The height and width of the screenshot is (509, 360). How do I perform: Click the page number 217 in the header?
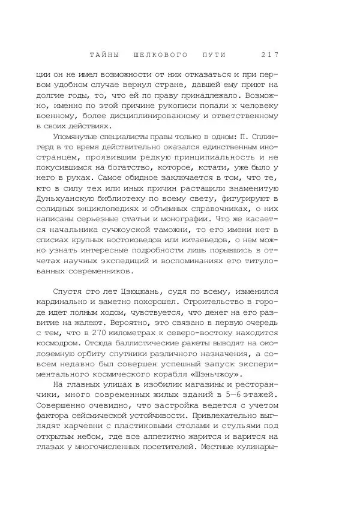(270, 55)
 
